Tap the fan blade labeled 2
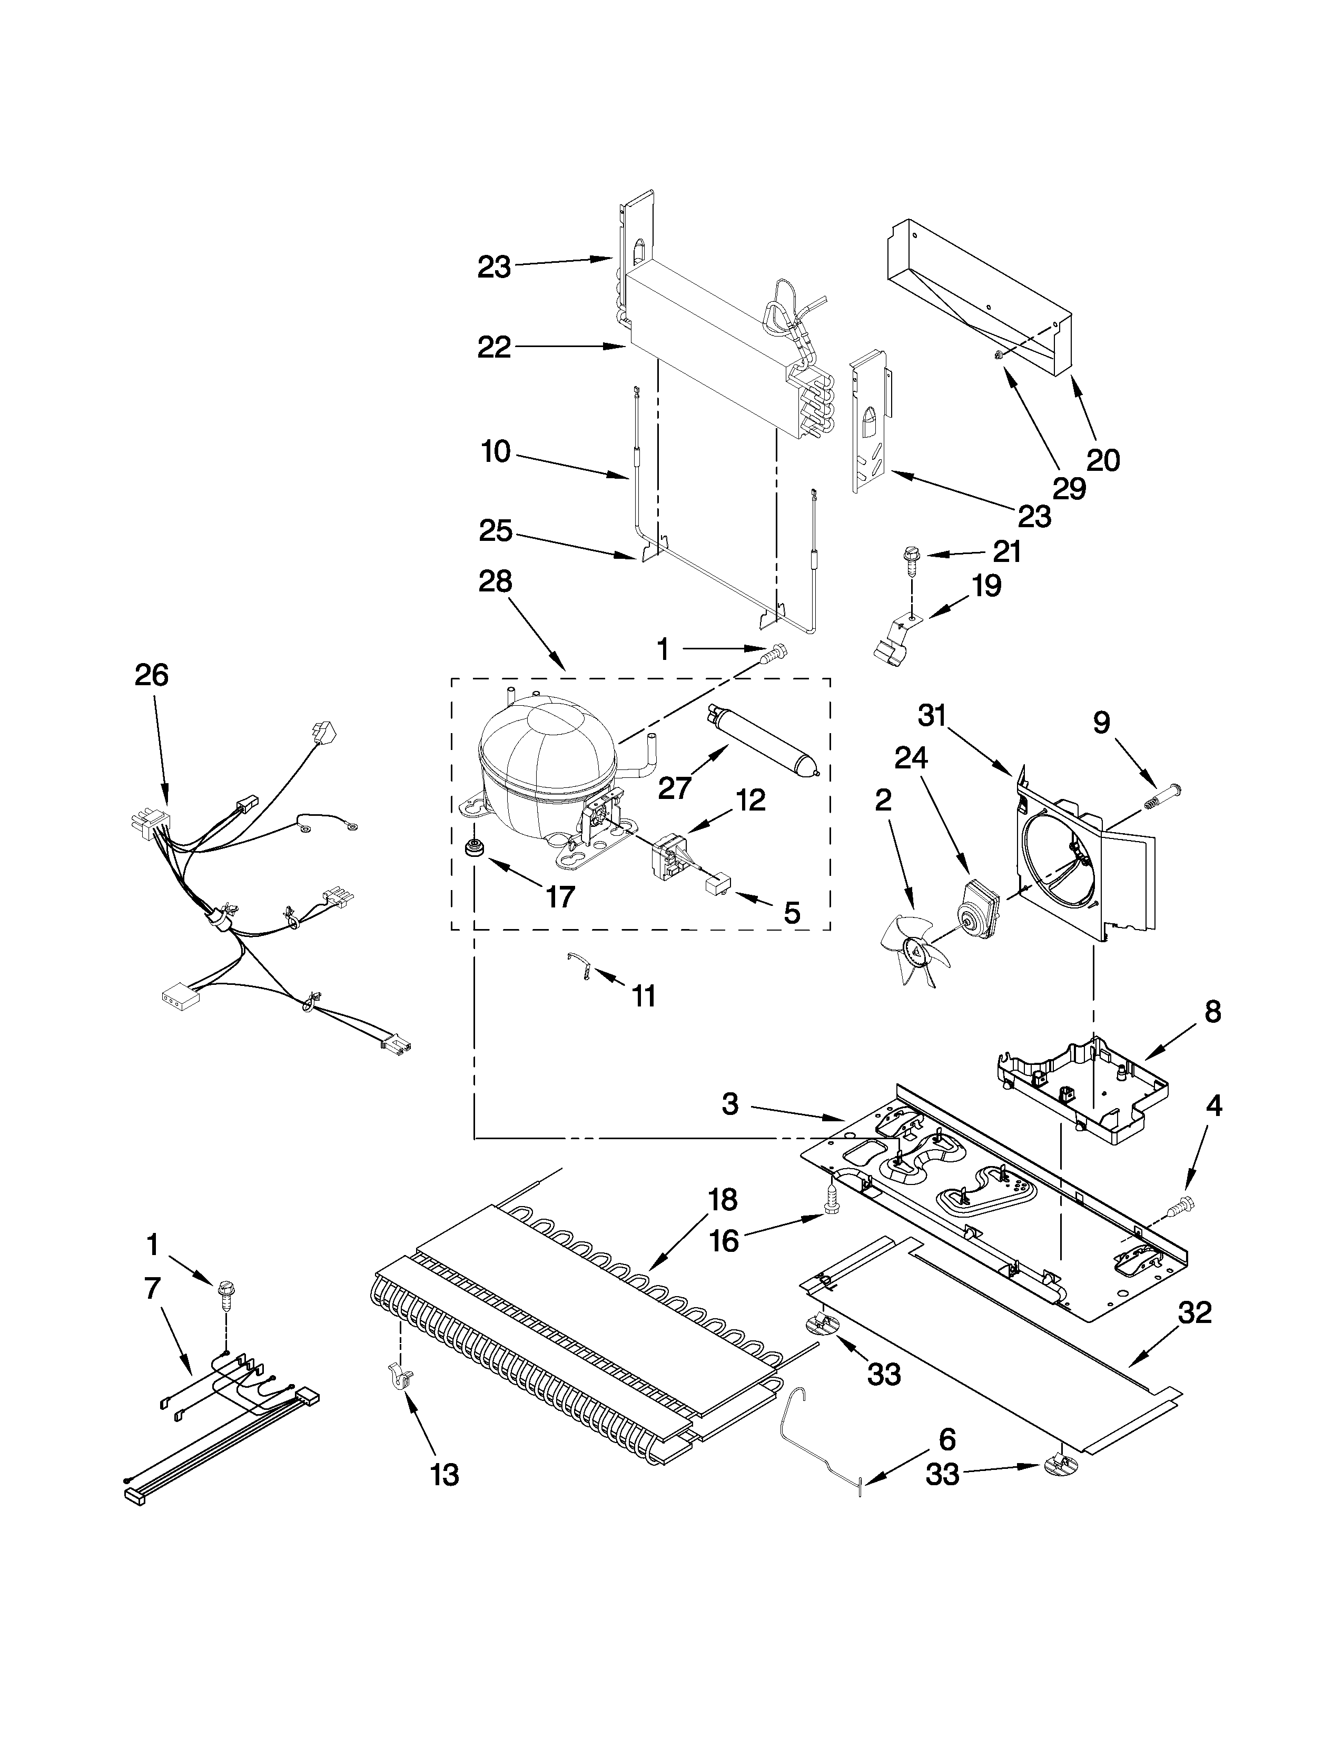click(906, 951)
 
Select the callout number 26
click(151, 676)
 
